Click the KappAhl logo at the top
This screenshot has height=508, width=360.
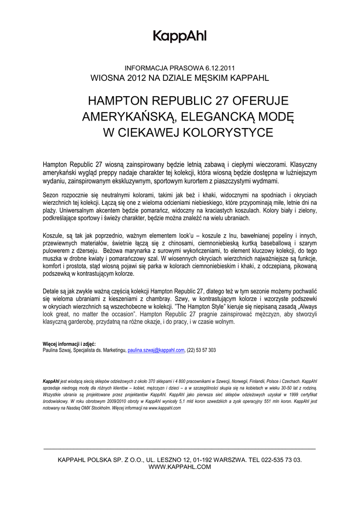tap(179, 36)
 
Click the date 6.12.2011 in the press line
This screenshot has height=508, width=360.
tap(220, 68)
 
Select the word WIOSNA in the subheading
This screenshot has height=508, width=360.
tap(105, 77)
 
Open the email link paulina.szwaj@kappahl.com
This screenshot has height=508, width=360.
tap(156, 350)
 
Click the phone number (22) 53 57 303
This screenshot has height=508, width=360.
tap(201, 350)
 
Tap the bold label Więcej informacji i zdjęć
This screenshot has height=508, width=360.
tap(69, 344)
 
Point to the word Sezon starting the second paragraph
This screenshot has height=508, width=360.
tap(51, 195)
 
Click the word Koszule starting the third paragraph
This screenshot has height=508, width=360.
tap(53, 236)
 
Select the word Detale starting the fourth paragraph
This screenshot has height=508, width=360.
tap(52, 291)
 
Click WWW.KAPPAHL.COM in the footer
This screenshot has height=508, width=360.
tap(180, 467)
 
